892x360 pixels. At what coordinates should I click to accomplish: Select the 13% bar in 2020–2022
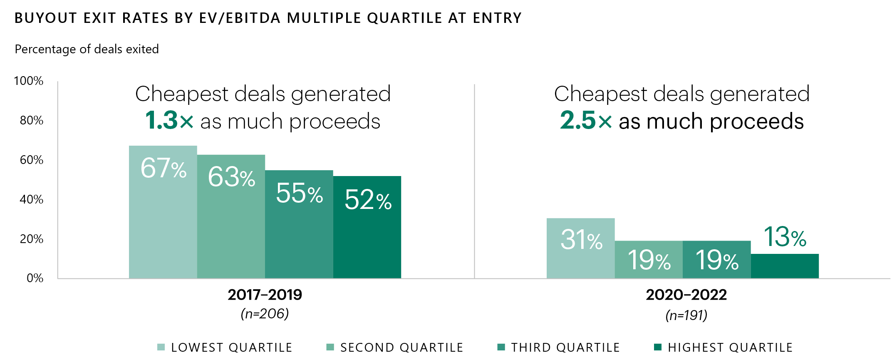click(785, 266)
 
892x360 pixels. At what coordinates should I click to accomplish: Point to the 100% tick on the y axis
click(29, 81)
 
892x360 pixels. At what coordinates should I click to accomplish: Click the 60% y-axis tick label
click(32, 160)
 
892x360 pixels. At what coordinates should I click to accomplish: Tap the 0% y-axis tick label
click(35, 278)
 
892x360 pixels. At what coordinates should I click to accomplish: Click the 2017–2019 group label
click(265, 295)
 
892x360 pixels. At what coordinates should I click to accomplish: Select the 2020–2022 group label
click(686, 295)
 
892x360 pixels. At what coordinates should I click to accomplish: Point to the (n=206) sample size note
click(265, 313)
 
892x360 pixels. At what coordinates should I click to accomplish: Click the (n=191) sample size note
click(686, 315)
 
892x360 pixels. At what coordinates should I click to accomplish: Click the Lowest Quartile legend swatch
click(161, 347)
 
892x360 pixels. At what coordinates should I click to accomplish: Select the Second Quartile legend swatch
click(330, 347)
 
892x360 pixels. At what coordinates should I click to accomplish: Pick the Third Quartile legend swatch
click(501, 347)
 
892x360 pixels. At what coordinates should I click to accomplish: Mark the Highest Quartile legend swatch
click(658, 347)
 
